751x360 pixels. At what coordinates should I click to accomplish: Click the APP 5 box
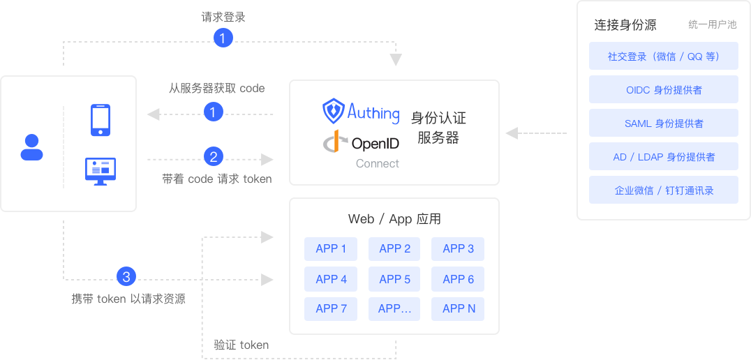click(394, 279)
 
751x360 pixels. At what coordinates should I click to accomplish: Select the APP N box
click(458, 309)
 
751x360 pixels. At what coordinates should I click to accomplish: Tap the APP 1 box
click(331, 249)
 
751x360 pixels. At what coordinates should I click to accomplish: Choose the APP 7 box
click(331, 309)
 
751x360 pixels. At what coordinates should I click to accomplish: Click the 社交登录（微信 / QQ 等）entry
click(663, 57)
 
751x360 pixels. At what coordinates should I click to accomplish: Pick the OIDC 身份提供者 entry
click(663, 90)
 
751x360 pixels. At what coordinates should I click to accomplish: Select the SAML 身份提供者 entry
click(663, 123)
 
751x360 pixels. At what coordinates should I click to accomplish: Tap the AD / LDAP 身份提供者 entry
click(663, 157)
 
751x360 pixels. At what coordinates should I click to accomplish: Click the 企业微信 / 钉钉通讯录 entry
click(663, 190)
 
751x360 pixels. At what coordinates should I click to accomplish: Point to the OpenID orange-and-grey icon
click(334, 142)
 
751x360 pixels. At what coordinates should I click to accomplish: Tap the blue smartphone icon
click(101, 120)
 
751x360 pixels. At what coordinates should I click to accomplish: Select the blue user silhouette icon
click(32, 147)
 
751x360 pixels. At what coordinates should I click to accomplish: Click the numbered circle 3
click(126, 277)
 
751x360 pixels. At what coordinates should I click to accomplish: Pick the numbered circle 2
click(214, 157)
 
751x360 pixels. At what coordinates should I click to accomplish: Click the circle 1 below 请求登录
click(223, 38)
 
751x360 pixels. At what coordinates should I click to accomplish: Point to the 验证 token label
click(241, 345)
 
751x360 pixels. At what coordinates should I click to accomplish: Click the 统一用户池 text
click(712, 25)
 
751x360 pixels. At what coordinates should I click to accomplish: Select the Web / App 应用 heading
click(394, 219)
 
